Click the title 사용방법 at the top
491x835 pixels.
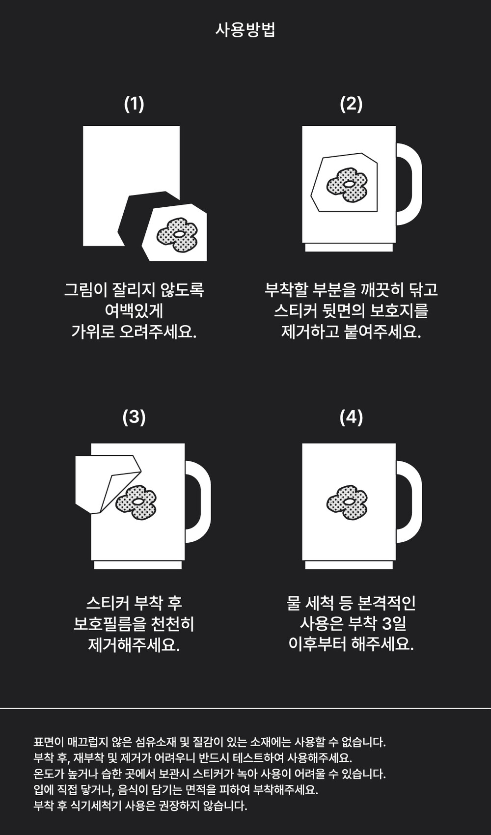point(245,30)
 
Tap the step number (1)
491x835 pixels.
point(134,104)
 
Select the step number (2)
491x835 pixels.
point(351,104)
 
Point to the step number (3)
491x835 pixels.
point(134,417)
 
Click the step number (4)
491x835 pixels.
point(351,417)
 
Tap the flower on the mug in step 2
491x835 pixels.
point(347,185)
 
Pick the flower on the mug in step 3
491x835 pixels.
point(136,502)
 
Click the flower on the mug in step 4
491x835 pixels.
point(347,502)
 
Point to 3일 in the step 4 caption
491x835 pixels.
point(394,624)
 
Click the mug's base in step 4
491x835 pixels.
point(349,565)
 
